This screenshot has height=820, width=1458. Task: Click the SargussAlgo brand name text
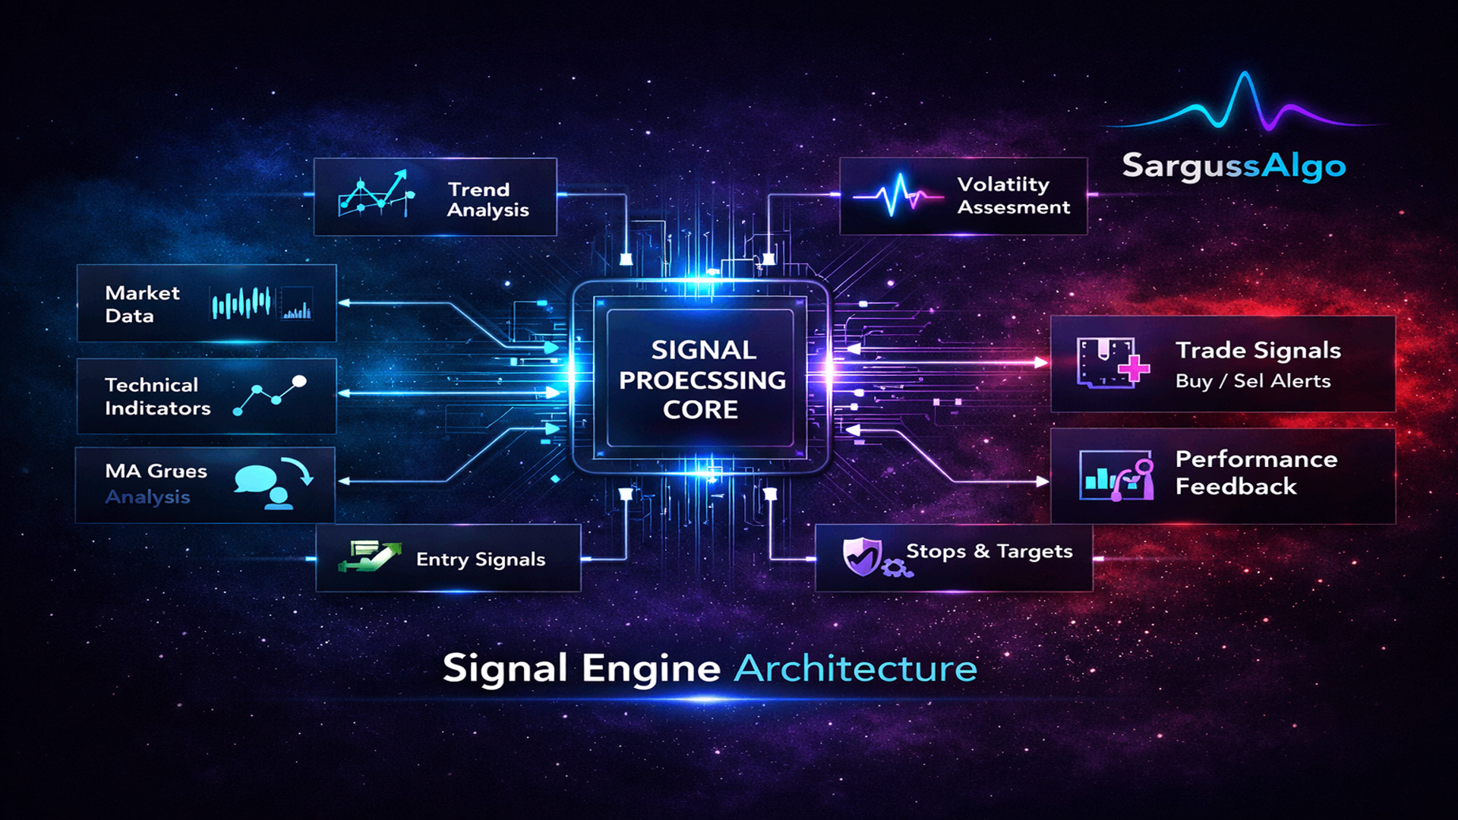click(1233, 166)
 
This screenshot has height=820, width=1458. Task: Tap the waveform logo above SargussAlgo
click(1244, 102)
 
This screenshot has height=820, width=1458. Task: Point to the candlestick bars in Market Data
click(241, 304)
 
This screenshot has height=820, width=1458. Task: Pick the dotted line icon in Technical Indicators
click(270, 395)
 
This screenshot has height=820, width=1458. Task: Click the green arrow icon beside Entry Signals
click(370, 557)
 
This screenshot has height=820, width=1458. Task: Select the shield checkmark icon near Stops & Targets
click(863, 557)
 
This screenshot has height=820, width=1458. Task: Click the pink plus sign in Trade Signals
click(1133, 369)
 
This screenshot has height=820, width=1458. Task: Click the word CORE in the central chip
click(700, 410)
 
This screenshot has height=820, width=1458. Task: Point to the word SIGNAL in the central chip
click(703, 350)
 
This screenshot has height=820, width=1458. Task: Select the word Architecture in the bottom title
click(856, 669)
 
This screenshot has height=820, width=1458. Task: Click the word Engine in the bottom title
click(651, 669)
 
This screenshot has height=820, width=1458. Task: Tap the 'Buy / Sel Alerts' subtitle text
click(1253, 381)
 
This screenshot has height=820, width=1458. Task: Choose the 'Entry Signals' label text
click(481, 560)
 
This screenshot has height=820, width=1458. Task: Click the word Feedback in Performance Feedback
click(1236, 487)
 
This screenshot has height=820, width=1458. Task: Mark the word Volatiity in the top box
click(1003, 184)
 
